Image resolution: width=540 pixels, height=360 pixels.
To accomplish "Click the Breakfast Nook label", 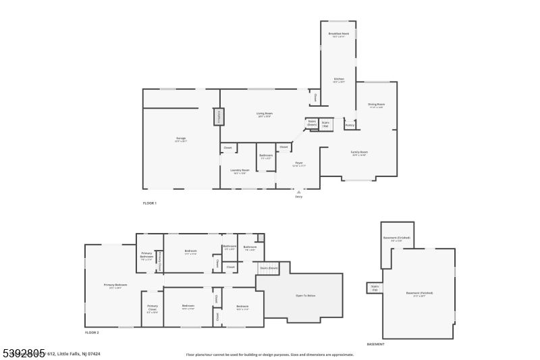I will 338,34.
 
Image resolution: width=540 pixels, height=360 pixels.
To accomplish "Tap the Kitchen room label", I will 338,80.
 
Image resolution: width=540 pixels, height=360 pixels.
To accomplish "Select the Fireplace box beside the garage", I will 218,117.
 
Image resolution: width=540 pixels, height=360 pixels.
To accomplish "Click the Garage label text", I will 181,138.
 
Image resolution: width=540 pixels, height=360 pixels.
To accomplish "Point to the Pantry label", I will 349,125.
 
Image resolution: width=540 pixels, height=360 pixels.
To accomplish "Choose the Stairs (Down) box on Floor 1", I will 312,123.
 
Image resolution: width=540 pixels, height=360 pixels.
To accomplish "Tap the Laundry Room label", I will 240,170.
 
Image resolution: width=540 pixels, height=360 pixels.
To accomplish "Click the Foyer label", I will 298,163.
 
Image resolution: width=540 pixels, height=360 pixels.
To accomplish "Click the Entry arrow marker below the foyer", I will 298,192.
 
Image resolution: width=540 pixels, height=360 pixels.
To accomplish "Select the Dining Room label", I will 376,105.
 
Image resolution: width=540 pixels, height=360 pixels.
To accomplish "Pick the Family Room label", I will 359,153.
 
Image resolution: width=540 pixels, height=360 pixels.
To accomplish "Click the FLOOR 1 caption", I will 149,203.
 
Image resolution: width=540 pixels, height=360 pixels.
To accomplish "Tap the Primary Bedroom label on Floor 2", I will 115,285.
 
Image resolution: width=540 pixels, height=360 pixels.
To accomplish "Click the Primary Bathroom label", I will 146,255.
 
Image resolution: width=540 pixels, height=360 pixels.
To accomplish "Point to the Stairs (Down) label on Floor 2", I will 268,268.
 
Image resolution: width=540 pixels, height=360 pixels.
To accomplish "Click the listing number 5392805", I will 23,352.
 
